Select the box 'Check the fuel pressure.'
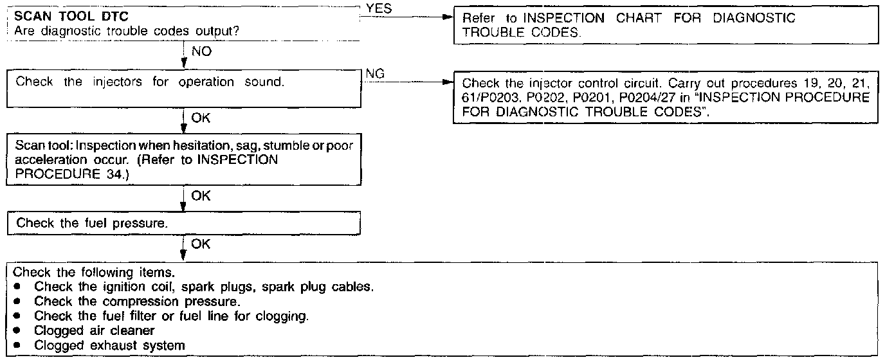point(183,224)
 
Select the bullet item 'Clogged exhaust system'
point(109,345)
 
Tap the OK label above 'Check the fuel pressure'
point(201,195)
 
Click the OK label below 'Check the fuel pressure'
point(201,245)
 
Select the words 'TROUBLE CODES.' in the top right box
point(520,33)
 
